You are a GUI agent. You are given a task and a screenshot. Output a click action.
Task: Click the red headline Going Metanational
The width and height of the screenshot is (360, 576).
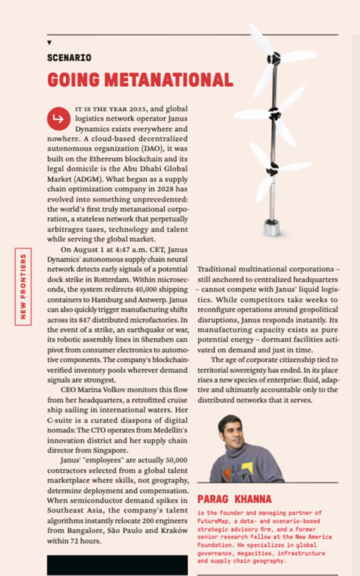click(x=140, y=80)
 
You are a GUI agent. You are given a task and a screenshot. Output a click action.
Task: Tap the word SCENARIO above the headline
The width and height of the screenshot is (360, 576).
click(x=69, y=57)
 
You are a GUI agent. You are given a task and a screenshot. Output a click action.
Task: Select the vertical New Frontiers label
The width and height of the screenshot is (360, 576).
click(x=24, y=286)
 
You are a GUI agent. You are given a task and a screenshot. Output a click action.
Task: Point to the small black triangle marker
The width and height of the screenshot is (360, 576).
click(x=49, y=43)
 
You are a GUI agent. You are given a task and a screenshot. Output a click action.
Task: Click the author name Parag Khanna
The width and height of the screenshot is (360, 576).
click(x=235, y=499)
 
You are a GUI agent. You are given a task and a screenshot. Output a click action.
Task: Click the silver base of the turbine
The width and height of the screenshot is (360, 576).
click(x=272, y=227)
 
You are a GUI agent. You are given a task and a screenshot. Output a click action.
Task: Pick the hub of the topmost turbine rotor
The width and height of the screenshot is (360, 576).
click(x=274, y=57)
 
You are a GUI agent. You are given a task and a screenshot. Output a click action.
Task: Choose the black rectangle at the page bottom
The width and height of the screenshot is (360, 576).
click(x=117, y=564)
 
